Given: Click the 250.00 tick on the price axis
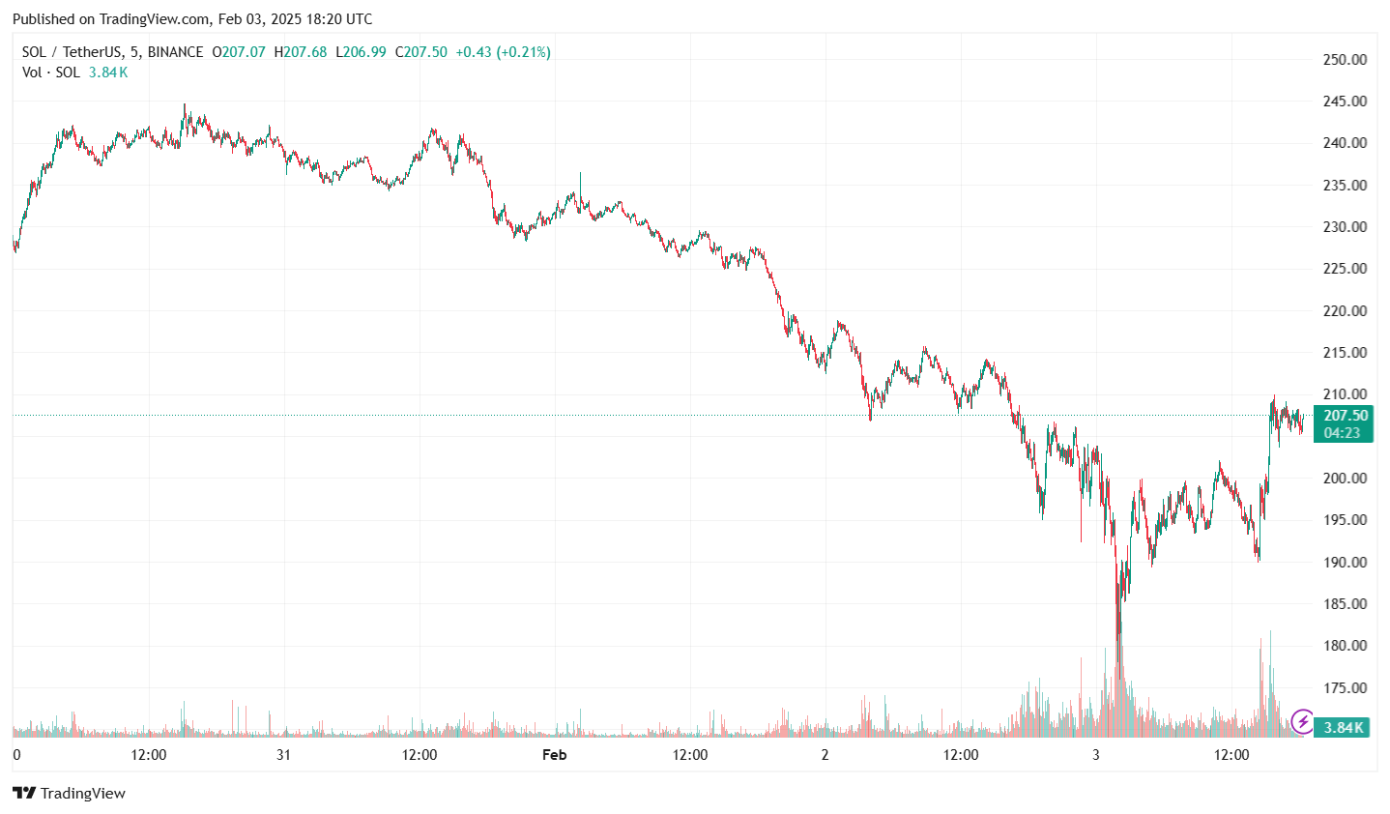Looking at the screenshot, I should (1345, 59).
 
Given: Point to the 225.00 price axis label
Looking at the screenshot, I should (1345, 269).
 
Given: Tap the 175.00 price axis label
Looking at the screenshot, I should (1345, 688).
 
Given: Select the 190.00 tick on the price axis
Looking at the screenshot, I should (1345, 562).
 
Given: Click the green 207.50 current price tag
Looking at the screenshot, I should (1345, 417).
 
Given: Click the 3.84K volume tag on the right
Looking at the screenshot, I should (1344, 727).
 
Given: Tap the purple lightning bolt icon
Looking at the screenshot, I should (1302, 721).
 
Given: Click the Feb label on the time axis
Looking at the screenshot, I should (554, 755).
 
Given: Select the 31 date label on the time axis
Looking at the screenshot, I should (283, 755).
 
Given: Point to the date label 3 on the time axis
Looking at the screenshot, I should (1095, 755).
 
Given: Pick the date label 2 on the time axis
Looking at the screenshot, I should (825, 755).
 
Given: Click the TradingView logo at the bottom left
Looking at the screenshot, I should (70, 794).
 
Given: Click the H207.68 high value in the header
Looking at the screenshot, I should (301, 52).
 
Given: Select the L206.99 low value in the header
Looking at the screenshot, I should (361, 52).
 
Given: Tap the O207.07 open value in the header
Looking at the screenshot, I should (239, 52).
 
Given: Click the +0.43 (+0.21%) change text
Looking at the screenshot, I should (503, 52).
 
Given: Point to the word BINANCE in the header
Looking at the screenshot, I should (175, 52).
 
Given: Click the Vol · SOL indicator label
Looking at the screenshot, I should (51, 73).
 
